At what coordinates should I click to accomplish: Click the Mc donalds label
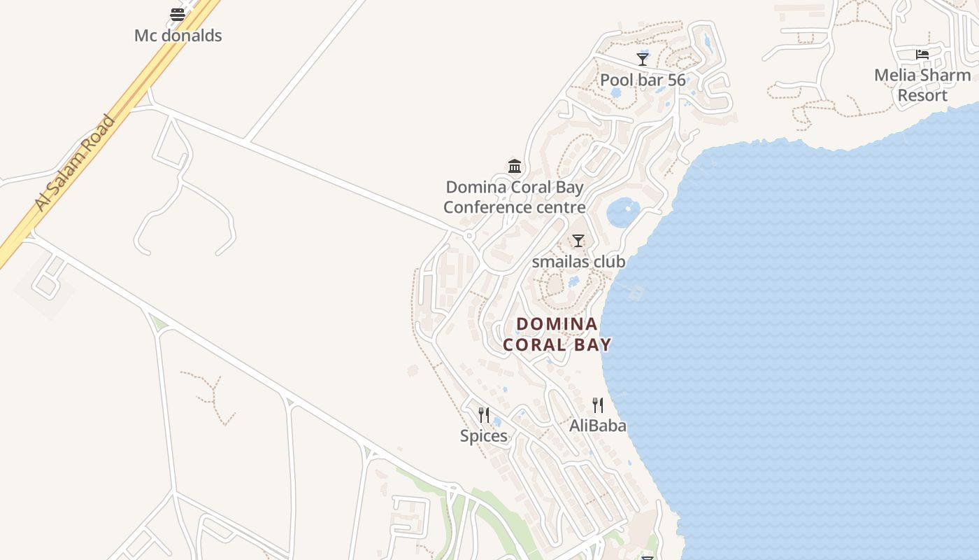coord(178,36)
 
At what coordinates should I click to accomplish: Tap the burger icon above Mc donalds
coord(178,14)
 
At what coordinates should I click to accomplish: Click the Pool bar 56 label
coord(643,80)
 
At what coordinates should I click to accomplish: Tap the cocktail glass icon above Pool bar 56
coord(643,59)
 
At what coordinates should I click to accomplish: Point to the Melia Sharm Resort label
coord(922,85)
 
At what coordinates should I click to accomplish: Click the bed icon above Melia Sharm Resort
coord(922,54)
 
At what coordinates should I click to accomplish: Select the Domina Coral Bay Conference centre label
coord(515,197)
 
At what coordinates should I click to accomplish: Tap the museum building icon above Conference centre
coord(515,166)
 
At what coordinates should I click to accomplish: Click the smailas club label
coord(578,262)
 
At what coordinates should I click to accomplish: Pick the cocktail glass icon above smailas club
coord(578,241)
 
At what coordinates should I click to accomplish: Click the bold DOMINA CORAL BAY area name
coord(557,334)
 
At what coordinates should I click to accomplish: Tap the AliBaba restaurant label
coord(598,426)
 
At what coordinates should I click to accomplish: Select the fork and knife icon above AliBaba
coord(598,405)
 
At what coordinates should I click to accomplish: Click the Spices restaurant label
coord(483,436)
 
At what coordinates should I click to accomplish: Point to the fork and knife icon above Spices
coord(483,414)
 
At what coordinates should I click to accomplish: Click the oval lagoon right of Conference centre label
coord(623,212)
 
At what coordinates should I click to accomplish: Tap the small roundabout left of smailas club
coord(470,236)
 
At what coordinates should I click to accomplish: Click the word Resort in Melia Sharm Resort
coord(922,95)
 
